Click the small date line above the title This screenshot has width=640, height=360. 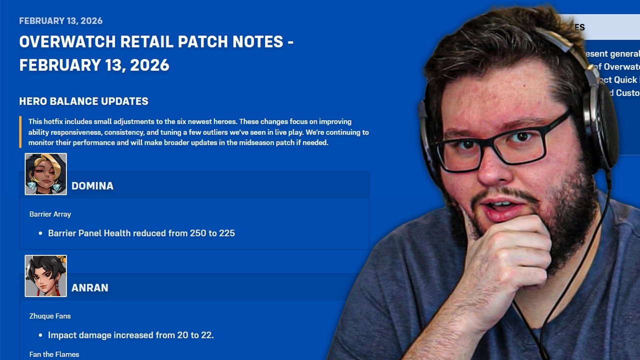click(60, 21)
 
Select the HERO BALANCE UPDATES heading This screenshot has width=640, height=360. click(83, 101)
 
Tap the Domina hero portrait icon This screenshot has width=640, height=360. click(45, 174)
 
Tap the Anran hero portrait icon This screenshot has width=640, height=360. click(45, 276)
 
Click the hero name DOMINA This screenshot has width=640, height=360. click(92, 186)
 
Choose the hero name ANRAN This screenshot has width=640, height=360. click(90, 288)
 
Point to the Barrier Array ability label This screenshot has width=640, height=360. click(50, 214)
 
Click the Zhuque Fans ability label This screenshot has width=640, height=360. click(50, 316)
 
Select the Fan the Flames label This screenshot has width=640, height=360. click(54, 354)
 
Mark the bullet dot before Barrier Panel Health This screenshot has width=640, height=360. click(40, 233)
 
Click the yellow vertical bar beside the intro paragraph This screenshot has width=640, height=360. click(20, 132)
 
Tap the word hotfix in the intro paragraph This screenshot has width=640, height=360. click(53, 121)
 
